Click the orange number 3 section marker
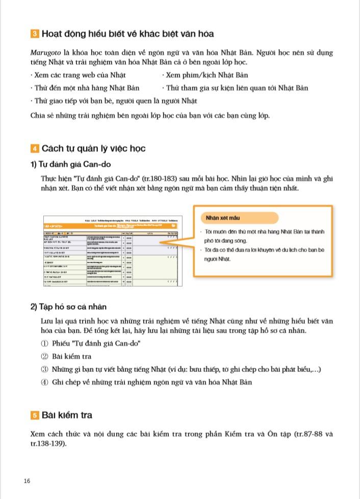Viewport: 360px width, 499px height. pyautogui.click(x=35, y=34)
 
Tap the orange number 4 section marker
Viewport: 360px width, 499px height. pyautogui.click(x=35, y=149)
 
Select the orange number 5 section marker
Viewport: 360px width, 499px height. pyautogui.click(x=35, y=416)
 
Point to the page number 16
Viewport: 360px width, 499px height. pyautogui.click(x=27, y=481)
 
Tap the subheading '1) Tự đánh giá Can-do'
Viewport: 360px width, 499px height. pyautogui.click(x=70, y=165)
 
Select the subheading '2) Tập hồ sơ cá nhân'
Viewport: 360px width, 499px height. pyautogui.click(x=68, y=307)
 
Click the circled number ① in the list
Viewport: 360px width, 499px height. pyautogui.click(x=44, y=343)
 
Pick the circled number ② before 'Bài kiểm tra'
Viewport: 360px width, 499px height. pyautogui.click(x=44, y=357)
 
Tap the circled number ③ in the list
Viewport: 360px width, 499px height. pyautogui.click(x=44, y=369)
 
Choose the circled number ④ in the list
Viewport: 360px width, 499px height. pyautogui.click(x=44, y=382)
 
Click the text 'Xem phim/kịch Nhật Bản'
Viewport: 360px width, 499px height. pyautogui.click(x=207, y=75)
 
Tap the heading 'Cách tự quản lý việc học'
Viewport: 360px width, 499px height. pyautogui.click(x=93, y=148)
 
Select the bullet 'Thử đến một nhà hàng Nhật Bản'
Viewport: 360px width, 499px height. pyautogui.click(x=86, y=88)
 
